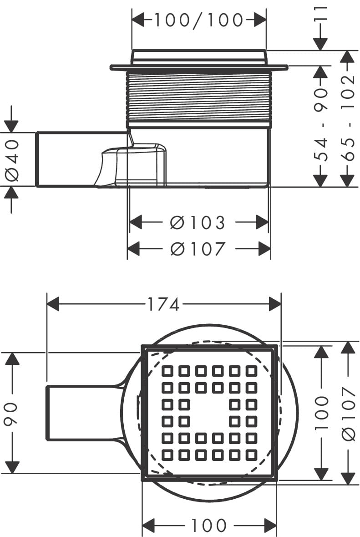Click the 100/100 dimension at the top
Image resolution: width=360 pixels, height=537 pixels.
(198, 20)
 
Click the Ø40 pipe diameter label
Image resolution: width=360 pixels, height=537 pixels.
(12, 159)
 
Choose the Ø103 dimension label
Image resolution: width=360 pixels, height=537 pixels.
(198, 222)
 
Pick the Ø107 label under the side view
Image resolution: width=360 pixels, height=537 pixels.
(198, 249)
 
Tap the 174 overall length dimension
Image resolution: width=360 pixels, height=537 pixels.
(163, 304)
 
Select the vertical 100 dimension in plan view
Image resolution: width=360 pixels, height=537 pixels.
(321, 413)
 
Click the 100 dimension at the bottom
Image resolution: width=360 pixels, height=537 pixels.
(209, 526)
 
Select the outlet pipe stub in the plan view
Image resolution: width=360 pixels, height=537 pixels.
(82, 413)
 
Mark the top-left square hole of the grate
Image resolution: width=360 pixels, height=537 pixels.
(167, 371)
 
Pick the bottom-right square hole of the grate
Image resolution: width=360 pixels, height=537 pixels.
(251, 455)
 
